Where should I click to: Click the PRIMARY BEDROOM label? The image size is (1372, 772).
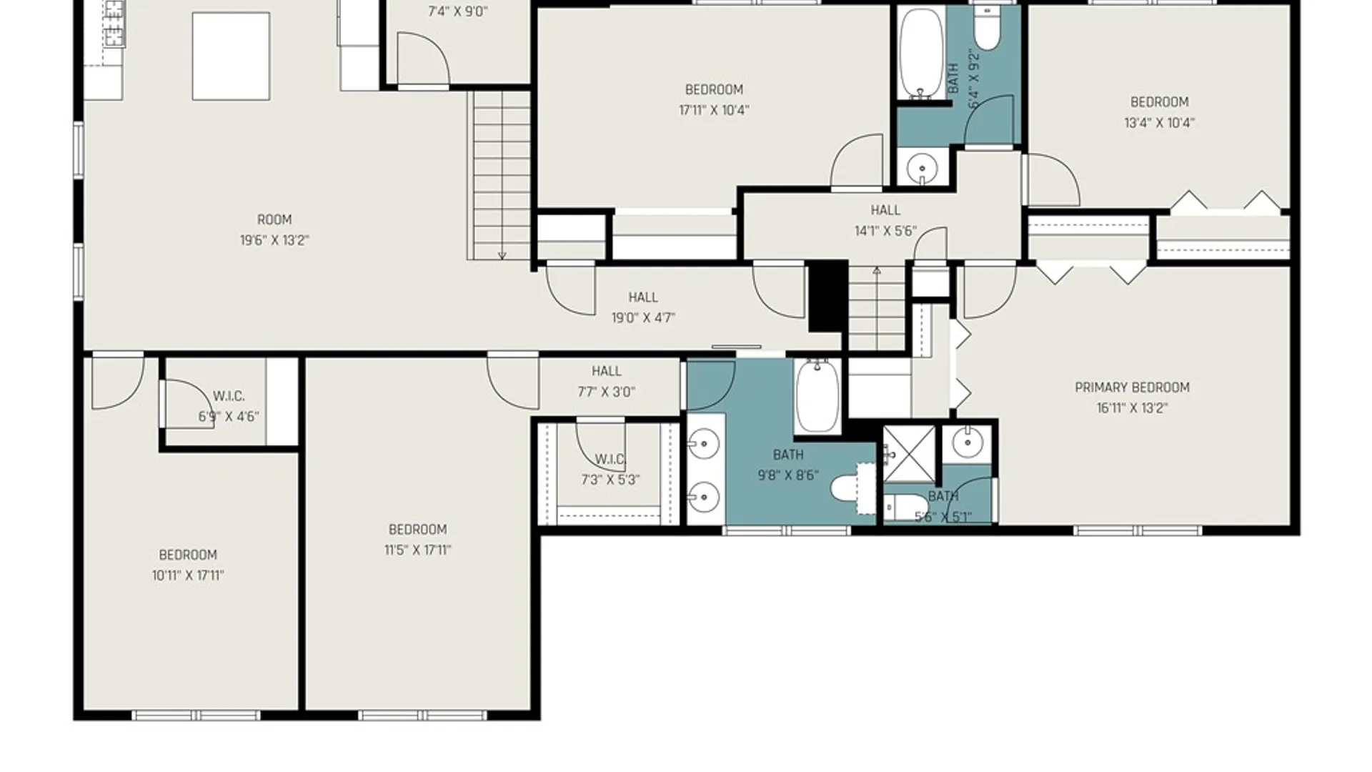click(x=1132, y=387)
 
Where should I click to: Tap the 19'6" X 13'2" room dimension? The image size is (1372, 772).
click(x=274, y=240)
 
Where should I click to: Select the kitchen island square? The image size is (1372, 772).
click(x=231, y=56)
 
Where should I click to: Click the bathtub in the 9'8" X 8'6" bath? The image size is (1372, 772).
click(x=817, y=396)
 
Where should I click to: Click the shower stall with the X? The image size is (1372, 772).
click(x=909, y=454)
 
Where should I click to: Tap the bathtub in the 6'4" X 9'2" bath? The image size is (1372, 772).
click(x=921, y=54)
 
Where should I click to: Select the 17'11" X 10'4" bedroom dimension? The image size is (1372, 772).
click(x=714, y=110)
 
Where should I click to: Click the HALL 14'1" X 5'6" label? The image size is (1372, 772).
click(x=885, y=220)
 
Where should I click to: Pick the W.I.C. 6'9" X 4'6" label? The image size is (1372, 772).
click(x=229, y=406)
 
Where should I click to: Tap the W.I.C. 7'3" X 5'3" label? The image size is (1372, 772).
click(x=610, y=470)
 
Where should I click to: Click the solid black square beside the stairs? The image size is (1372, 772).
click(x=827, y=296)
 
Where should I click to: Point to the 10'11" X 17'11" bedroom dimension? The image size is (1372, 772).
click(x=188, y=575)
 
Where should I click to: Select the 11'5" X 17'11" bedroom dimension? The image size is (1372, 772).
click(x=417, y=550)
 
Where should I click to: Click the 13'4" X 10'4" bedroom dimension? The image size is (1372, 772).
click(x=1159, y=123)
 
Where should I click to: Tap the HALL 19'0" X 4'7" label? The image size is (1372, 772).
click(x=643, y=307)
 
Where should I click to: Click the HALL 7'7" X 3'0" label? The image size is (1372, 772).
click(x=606, y=381)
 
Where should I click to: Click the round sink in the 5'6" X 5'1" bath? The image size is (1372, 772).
click(x=968, y=443)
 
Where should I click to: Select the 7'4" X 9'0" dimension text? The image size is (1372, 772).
click(x=458, y=11)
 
